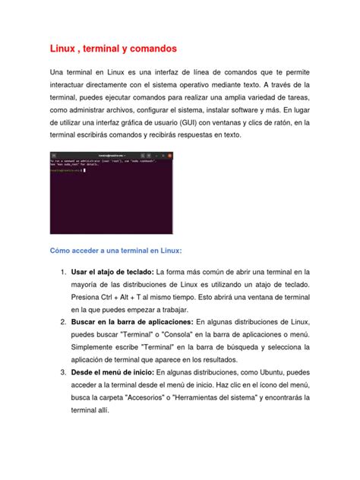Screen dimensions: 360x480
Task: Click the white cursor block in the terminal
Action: (x=84, y=170)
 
